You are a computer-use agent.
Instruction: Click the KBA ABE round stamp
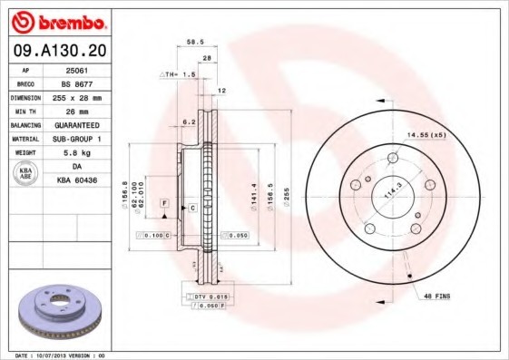coord(25,174)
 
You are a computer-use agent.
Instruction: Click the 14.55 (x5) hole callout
coord(426,134)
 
